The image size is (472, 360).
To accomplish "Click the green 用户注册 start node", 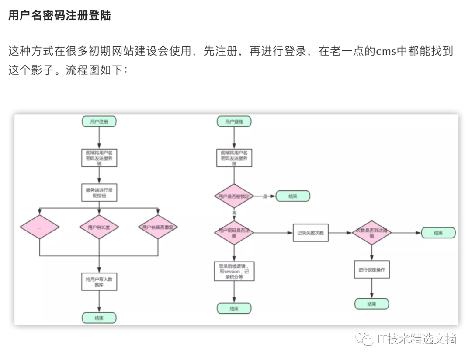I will point(99,122).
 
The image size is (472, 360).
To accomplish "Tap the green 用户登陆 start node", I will point(234,122).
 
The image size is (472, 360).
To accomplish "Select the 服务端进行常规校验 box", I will point(99,193).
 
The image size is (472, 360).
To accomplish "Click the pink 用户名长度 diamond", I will point(99,227).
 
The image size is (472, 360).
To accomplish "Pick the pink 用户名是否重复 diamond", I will point(158,227).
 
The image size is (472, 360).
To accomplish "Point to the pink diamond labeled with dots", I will point(39,227).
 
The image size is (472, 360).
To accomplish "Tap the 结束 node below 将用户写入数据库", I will point(99,318).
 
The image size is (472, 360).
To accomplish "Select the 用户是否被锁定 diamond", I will point(234,196).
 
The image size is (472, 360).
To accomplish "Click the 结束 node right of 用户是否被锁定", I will point(293,196).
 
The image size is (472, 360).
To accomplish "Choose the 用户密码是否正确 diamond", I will point(234,233).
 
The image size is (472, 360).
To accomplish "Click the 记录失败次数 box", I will point(310,233).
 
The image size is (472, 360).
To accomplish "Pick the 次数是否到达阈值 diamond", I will point(371,233).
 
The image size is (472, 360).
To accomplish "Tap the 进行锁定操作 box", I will point(371,269).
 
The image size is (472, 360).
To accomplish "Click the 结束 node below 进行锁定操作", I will point(371,304).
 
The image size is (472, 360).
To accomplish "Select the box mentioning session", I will point(234,271).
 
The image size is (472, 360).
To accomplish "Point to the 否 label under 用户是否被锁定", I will point(234,213).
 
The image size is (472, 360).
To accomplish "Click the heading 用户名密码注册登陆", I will point(59,16).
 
